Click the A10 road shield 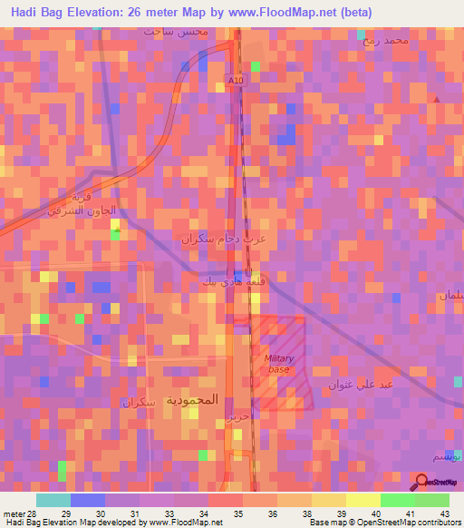click(237, 81)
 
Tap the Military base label click(279, 364)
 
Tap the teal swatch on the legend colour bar click(53, 500)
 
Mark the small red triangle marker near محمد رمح click(437, 98)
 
